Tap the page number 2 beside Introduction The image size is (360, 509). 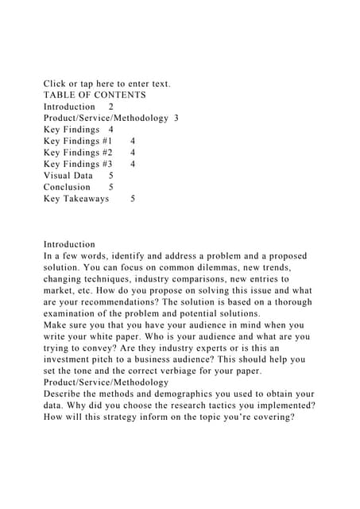click(111, 107)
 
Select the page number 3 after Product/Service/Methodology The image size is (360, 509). click(176, 118)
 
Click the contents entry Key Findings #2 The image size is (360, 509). click(78, 153)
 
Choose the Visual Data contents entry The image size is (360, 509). click(68, 176)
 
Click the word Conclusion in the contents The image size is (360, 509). click(67, 187)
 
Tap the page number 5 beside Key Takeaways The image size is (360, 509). click(132, 199)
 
